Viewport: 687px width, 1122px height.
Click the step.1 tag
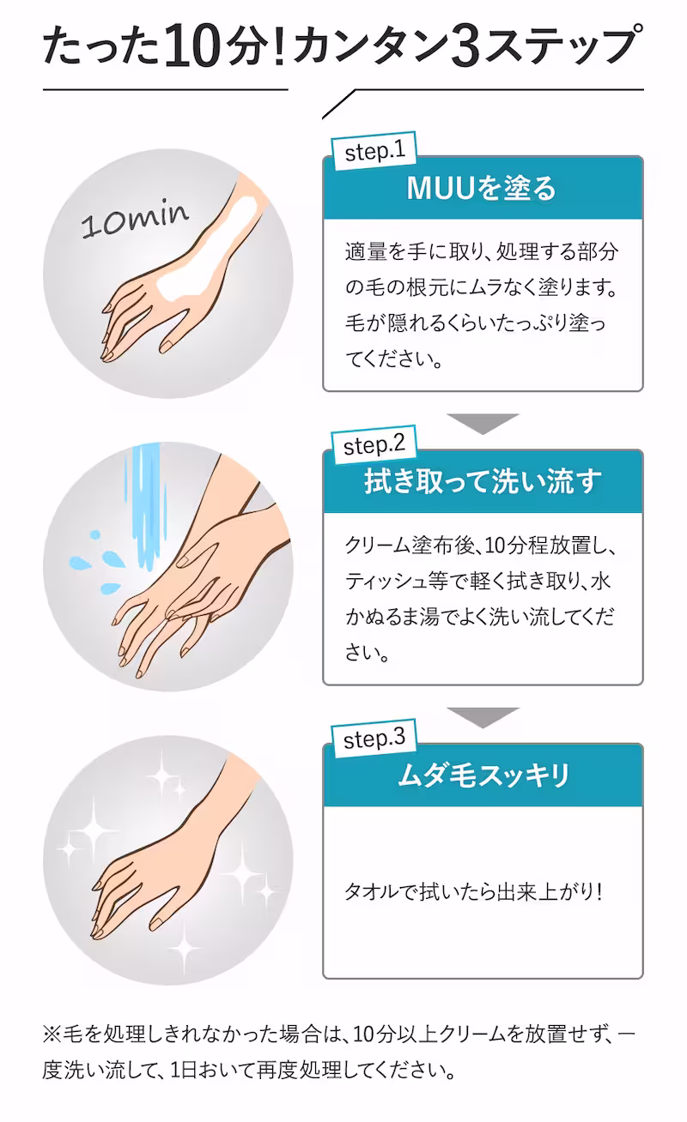point(374,151)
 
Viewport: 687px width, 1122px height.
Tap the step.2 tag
point(374,445)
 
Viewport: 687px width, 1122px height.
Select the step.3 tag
point(374,739)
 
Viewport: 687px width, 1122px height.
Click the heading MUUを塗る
point(482,189)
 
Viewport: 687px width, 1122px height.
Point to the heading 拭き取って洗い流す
point(482,481)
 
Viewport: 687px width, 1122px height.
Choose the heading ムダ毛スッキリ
point(483,775)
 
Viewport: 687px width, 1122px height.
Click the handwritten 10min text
point(135,220)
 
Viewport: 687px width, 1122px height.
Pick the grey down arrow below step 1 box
point(483,424)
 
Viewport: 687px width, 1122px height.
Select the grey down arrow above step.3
point(483,717)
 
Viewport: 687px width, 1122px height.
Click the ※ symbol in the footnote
point(52,1035)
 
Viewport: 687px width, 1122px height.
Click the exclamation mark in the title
point(280,46)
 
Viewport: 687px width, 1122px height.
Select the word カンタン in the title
point(370,46)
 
